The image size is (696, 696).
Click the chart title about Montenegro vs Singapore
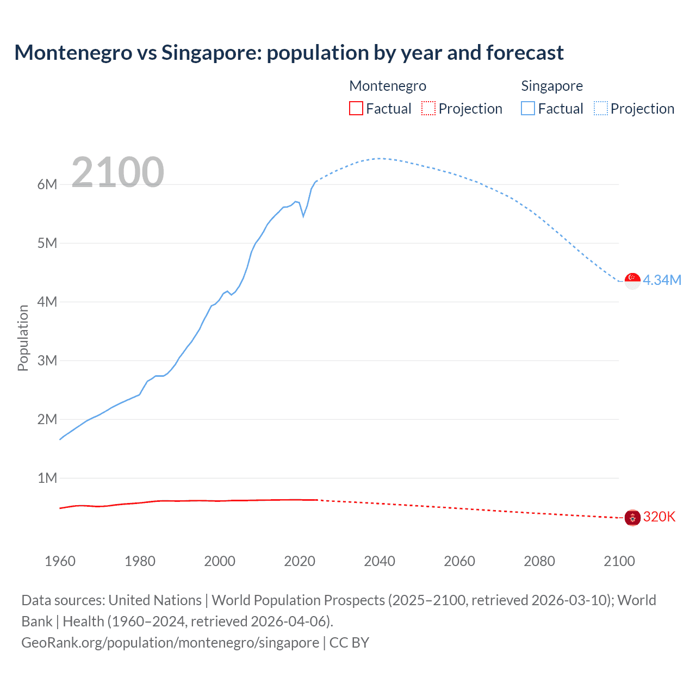coord(289,53)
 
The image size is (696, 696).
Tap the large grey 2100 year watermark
coord(117,172)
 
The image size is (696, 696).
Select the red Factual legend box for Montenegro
coord(356,109)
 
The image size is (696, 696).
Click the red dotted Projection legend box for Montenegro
coord(428,109)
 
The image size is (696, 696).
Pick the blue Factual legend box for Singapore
coord(528,109)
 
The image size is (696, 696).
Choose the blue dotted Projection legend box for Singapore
coord(601,109)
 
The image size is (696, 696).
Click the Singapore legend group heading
coord(551,86)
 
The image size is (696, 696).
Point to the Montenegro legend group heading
coord(387,86)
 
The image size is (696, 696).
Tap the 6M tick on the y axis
coord(47,184)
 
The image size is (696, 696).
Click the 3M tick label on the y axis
coord(47,361)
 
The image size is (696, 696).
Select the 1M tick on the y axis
coord(47,478)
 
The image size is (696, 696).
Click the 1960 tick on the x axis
coord(60,561)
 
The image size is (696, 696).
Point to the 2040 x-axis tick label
coord(380,561)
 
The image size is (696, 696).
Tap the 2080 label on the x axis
coord(539,561)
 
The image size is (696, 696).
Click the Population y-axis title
coord(23,338)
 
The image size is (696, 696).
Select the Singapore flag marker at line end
coord(632,281)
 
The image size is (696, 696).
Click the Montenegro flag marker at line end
coord(632,518)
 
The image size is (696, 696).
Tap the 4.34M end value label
coord(662,280)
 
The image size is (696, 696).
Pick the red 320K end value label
coord(659,517)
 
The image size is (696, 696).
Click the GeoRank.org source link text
coord(170,642)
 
